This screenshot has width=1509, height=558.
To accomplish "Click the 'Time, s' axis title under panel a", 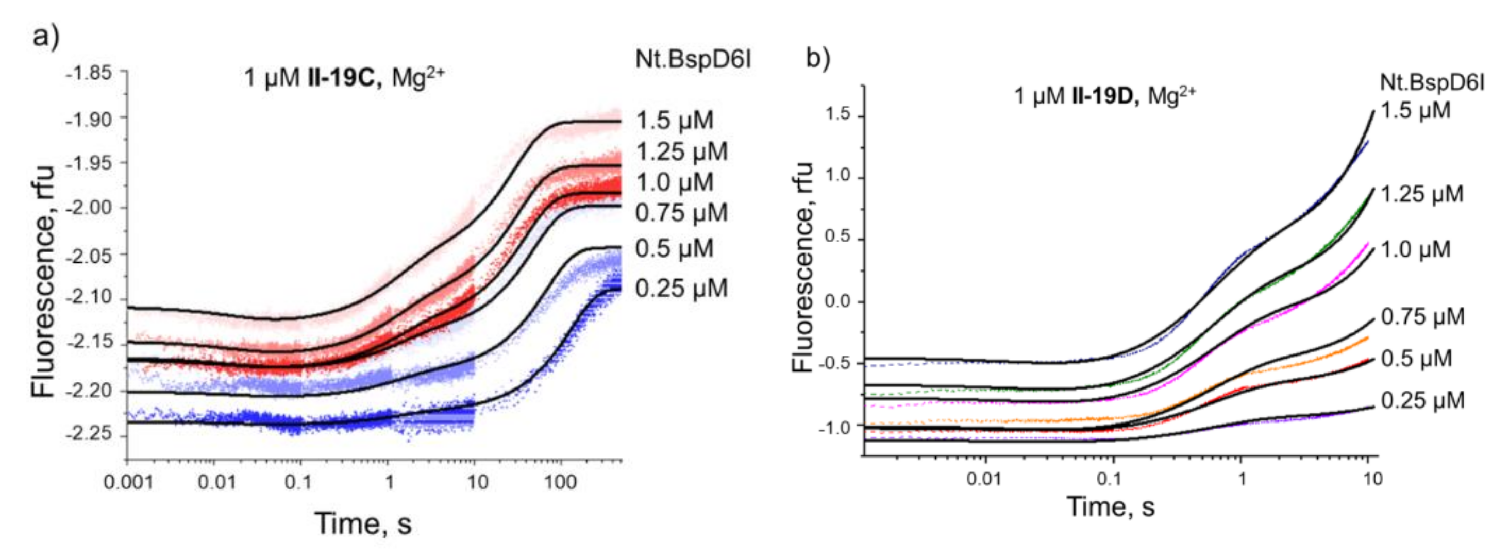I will tap(363, 523).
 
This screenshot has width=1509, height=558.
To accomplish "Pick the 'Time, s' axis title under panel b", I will tap(1110, 506).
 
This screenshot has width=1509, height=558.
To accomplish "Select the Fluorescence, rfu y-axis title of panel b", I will tap(802, 267).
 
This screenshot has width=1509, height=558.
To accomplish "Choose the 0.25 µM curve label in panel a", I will tap(681, 288).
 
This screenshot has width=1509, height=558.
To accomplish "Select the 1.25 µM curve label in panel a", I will tap(681, 151).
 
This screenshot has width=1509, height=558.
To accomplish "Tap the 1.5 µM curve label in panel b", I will tap(1415, 110).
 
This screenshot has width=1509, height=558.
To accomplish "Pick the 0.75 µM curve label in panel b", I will tap(1422, 317).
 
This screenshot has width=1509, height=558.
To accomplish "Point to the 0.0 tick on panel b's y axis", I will tap(837, 302).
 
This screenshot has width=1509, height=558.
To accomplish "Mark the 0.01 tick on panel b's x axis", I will tap(985, 480).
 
